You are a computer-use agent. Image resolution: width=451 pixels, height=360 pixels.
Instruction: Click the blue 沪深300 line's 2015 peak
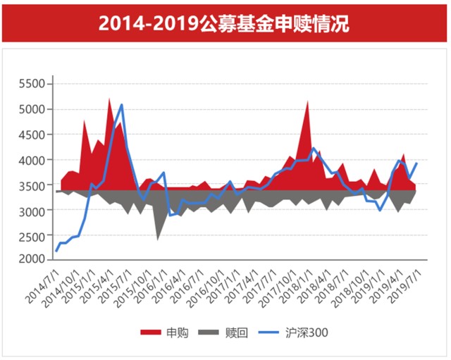tap(121, 105)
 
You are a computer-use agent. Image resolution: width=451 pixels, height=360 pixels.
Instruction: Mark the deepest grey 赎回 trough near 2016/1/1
tap(157, 239)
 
